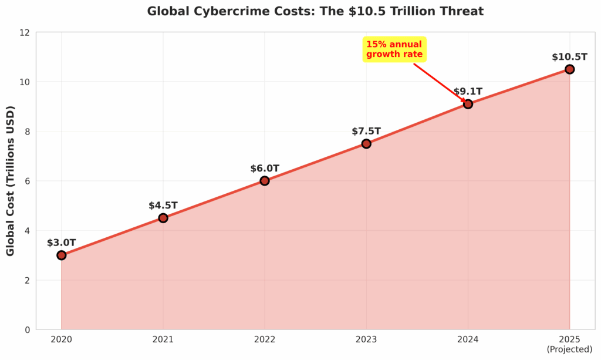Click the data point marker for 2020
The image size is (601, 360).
[62, 255]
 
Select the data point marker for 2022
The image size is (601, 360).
[265, 181]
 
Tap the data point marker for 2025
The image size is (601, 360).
[569, 69]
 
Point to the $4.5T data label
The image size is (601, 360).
[163, 206]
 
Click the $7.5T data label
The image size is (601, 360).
[366, 131]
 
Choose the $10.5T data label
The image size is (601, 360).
[569, 57]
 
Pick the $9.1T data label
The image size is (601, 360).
[468, 92]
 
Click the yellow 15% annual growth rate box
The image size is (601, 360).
[394, 49]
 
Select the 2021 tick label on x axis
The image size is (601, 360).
[163, 339]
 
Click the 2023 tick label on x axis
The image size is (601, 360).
[366, 339]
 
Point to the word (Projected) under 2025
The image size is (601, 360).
[569, 349]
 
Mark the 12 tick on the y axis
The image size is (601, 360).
[25, 32]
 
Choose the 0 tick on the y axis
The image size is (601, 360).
[27, 329]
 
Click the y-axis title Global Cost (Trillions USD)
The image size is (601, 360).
[11, 181]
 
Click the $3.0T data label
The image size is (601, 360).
[62, 243]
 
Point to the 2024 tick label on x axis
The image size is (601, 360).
[468, 339]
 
